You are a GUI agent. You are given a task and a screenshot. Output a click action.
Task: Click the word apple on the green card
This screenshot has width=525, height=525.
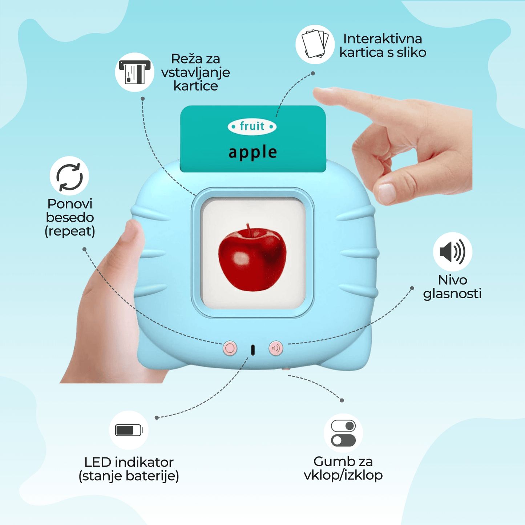tap(253, 152)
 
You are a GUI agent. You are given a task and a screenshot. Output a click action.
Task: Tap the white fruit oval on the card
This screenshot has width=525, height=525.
tap(252, 126)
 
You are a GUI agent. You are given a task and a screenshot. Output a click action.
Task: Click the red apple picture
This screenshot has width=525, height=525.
tap(252, 258)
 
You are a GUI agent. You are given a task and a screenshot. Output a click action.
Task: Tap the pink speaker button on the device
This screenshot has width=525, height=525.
tap(276, 348)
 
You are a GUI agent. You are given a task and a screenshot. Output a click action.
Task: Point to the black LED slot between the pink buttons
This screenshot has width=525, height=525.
tap(253, 350)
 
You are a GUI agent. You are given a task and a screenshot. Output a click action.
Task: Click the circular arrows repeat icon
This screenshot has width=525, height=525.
tap(69, 176)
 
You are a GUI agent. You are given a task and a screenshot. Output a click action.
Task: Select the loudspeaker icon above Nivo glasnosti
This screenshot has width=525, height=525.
tap(452, 252)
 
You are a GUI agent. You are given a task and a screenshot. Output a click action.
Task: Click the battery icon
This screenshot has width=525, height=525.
tap(129, 430)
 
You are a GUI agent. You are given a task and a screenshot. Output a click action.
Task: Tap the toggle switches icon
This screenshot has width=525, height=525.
tap(343, 433)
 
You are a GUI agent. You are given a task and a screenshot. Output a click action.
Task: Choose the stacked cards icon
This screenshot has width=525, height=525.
tap(315, 44)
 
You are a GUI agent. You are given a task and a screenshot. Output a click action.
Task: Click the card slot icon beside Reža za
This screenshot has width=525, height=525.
tap(135, 72)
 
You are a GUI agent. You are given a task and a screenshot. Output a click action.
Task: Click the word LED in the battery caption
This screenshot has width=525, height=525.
tap(97, 462)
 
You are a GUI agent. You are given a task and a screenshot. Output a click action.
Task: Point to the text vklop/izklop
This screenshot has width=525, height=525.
tap(343, 475)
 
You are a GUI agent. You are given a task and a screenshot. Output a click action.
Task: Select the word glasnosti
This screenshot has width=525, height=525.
tap(452, 294)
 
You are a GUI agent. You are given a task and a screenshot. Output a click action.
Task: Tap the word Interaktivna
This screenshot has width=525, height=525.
tap(382, 39)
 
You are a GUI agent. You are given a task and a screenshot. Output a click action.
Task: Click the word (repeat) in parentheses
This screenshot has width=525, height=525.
tap(70, 231)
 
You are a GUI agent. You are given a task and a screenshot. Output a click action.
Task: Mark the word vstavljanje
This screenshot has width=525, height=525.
tap(195, 73)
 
